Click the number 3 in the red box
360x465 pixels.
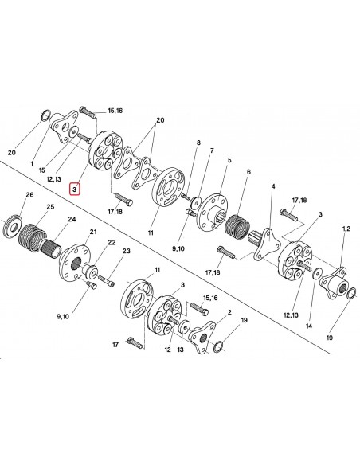pyautogui.click(x=74, y=189)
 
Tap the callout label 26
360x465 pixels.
pyautogui.click(x=29, y=195)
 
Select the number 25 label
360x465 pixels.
pyautogui.click(x=50, y=207)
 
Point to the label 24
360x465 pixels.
pyautogui.click(x=72, y=219)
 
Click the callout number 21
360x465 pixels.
pyautogui.click(x=93, y=232)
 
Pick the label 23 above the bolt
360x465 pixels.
pyautogui.click(x=127, y=251)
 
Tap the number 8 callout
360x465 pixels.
pyautogui.click(x=198, y=143)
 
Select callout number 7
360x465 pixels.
pyautogui.click(x=212, y=151)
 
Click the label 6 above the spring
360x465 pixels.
pyautogui.click(x=248, y=172)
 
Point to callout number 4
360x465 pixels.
pyautogui.click(x=273, y=186)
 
